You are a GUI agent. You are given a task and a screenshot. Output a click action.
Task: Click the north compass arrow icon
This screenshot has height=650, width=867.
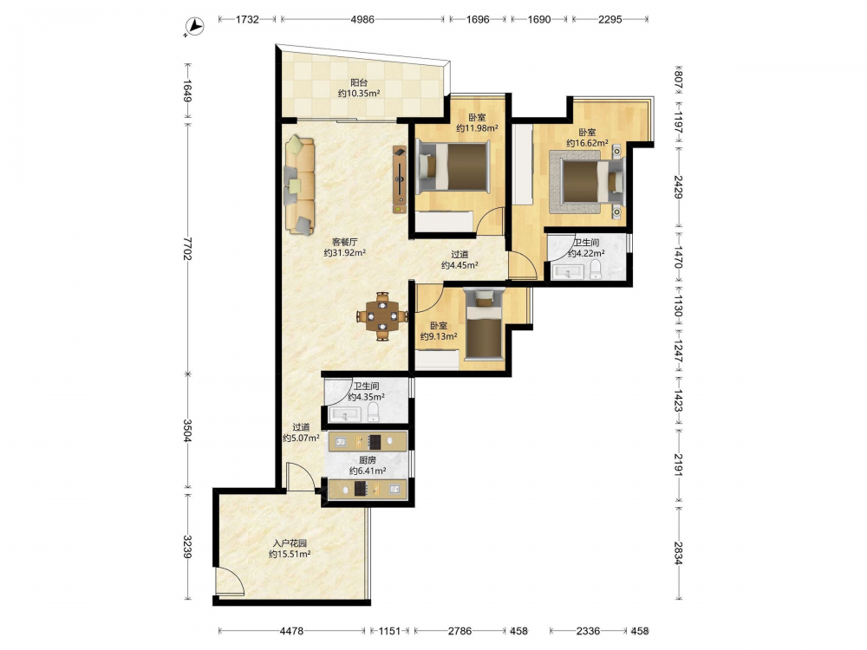[x=194, y=25]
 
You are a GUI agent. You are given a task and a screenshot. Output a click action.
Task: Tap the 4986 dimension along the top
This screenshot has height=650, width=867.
[x=362, y=19]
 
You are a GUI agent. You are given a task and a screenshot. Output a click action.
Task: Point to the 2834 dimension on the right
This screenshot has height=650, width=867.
[x=679, y=552]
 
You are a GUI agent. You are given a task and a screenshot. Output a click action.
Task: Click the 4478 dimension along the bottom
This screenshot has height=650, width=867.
[x=291, y=631]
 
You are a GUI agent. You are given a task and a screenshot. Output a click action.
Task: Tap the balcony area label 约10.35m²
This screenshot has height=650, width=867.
[x=359, y=94]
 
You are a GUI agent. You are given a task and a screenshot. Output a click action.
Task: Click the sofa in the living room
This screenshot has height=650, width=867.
[x=299, y=185]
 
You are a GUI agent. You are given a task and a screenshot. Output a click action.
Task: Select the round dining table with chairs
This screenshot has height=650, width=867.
[x=382, y=316]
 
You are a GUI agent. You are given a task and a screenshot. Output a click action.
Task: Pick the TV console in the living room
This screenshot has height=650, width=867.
[x=399, y=179]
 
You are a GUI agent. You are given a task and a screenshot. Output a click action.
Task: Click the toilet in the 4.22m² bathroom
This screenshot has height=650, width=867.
[x=596, y=270]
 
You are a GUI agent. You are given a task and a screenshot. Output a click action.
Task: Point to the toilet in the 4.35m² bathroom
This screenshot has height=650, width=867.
[x=373, y=412]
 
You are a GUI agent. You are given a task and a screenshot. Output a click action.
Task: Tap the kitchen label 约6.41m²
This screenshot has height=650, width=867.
[x=368, y=471]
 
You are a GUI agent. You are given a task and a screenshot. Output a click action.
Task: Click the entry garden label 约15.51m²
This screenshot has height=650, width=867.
[x=290, y=554]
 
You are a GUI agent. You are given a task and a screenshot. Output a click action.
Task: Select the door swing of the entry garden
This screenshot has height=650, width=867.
[x=230, y=581]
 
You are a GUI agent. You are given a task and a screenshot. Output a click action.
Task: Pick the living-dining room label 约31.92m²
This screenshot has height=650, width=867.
[x=344, y=252]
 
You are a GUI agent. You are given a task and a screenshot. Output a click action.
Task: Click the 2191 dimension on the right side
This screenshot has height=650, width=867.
[x=679, y=465]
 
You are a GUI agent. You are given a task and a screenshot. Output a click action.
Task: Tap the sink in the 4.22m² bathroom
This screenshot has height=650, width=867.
[x=568, y=272]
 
